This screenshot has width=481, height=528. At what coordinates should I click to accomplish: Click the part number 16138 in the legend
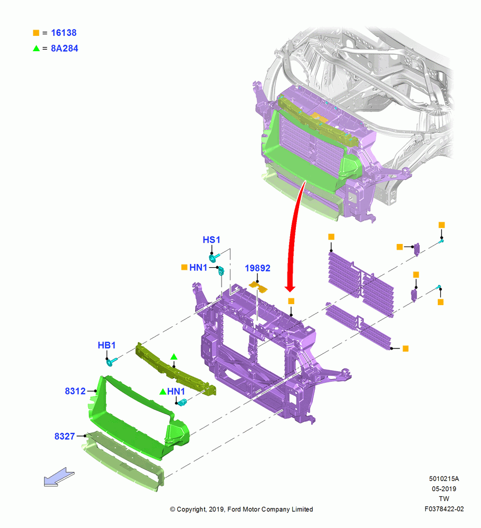[x=64, y=33]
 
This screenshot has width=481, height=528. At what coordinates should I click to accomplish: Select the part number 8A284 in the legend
[x=64, y=48]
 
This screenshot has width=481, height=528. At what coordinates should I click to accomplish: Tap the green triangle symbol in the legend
[x=36, y=48]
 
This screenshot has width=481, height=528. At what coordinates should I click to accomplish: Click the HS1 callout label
[x=211, y=240]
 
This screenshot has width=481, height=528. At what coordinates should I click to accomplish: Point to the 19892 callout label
[x=257, y=268]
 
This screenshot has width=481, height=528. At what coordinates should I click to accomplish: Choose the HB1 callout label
[x=107, y=345]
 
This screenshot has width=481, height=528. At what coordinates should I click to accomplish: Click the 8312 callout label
[x=75, y=391]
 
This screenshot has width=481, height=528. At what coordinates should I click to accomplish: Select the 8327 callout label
[x=64, y=436]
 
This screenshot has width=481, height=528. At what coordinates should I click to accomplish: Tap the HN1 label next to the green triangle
[x=176, y=391]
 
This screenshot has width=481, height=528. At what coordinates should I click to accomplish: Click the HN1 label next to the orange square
[x=198, y=267]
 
